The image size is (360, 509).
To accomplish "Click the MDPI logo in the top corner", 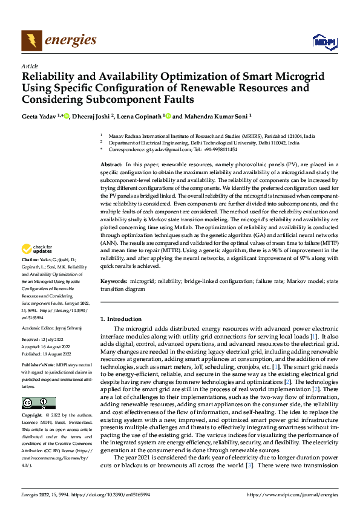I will [324, 41].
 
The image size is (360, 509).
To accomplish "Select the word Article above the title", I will [30, 66].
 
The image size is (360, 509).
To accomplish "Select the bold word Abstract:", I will [111, 164].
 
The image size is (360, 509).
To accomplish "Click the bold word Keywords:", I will [114, 282].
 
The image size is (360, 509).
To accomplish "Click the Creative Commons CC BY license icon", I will [38, 403].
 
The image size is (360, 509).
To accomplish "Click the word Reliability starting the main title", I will [51, 77].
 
